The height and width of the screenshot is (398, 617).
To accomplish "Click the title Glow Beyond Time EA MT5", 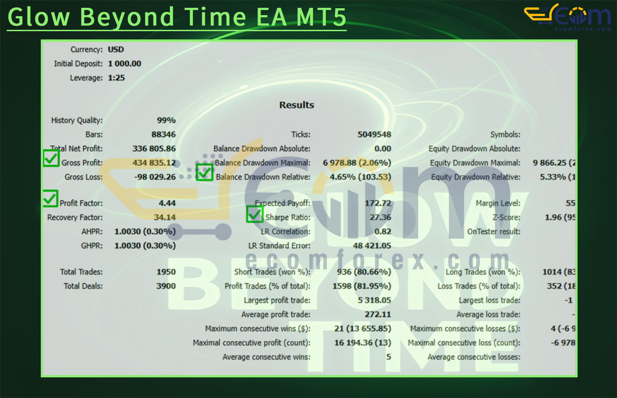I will coord(176,17).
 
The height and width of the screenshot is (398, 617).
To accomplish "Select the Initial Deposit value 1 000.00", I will coord(125,64).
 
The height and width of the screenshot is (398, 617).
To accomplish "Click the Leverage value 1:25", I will coord(116,78).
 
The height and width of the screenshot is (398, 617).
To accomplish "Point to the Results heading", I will coord(297,105).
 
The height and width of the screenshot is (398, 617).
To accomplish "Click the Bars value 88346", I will coord(163,135).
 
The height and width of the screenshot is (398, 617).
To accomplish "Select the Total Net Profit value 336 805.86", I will coord(154,149).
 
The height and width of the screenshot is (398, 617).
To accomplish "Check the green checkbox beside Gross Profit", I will coord(51,159).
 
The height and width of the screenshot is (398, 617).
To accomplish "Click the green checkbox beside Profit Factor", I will coord(50,198).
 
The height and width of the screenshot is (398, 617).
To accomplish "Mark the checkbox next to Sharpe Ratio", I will coord(255,214).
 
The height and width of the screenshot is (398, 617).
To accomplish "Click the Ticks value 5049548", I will coord(374,135).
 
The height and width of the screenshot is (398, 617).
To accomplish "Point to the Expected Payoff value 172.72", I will coord(380,203).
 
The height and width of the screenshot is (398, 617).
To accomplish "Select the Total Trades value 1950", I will coord(166,272).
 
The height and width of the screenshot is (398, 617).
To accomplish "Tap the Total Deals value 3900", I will coord(166,286).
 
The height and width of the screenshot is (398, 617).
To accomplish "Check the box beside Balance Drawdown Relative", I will coord(204,173).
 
